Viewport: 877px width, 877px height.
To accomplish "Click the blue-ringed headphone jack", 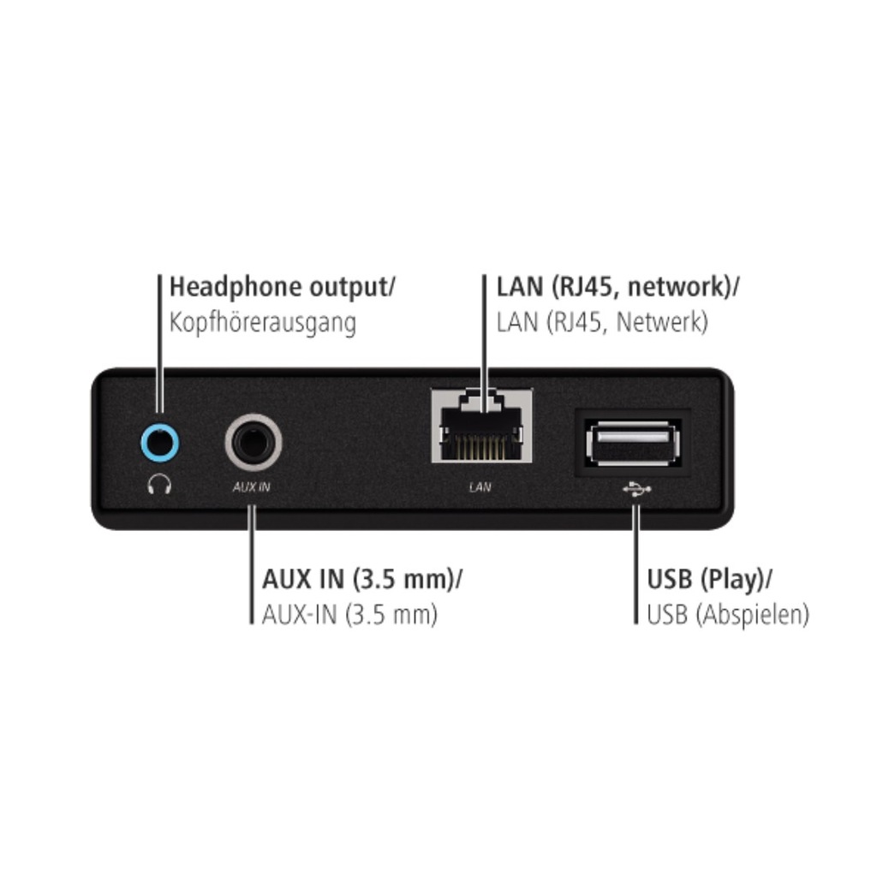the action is (160, 443).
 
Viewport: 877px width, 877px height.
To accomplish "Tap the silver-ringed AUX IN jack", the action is (254, 443).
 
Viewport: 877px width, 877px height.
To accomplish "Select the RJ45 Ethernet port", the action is (481, 426).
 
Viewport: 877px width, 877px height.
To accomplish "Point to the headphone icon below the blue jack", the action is (159, 484).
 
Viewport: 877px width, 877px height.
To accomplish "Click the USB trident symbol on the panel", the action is (636, 489).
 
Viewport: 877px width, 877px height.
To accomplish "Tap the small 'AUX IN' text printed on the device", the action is (252, 487).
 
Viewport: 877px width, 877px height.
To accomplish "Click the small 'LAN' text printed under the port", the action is (480, 487).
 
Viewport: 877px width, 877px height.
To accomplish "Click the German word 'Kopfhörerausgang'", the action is (262, 323).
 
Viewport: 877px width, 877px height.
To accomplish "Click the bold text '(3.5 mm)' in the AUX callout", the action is (404, 579).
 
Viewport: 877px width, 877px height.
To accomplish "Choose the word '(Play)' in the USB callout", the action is (733, 580).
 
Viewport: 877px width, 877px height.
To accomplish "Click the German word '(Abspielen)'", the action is (752, 615).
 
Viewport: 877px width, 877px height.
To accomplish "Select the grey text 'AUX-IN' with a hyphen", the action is (299, 615).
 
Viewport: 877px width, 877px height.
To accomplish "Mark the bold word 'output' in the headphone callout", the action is (349, 288).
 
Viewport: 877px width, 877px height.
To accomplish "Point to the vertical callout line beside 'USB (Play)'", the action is (635, 564).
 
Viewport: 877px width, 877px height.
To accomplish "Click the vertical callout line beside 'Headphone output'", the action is (159, 343).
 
